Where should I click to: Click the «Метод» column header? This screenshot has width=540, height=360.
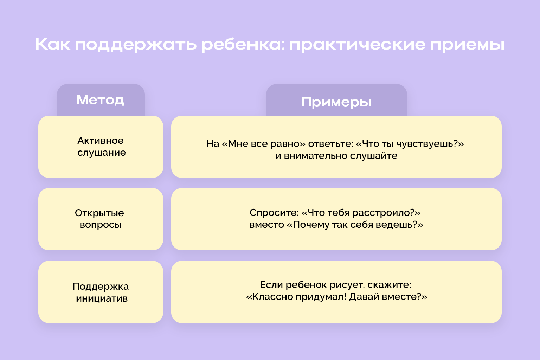[100, 100]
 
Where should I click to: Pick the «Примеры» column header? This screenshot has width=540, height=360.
[336, 102]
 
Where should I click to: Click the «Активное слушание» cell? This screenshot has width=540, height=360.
[101, 147]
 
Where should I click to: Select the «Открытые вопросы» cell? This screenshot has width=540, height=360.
[100, 219]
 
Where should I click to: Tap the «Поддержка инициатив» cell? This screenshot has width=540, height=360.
[101, 292]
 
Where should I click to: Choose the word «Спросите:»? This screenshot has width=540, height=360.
[274, 213]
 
